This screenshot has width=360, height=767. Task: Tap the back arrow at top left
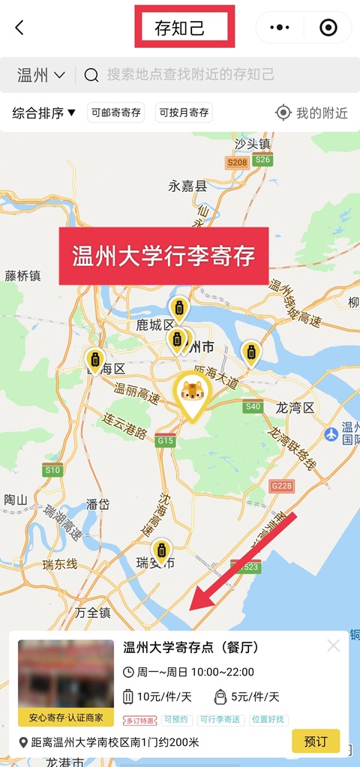(x=19, y=28)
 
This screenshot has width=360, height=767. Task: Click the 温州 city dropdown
(x=41, y=75)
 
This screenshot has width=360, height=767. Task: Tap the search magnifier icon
(x=91, y=75)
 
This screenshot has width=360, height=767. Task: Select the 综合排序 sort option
(x=44, y=113)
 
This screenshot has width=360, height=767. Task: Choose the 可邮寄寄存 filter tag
(x=115, y=113)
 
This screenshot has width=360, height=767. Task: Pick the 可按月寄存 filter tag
(x=184, y=113)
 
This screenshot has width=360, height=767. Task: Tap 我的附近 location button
(x=311, y=113)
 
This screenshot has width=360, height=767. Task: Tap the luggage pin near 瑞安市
(x=160, y=551)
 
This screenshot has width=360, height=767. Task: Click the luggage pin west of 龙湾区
(x=250, y=352)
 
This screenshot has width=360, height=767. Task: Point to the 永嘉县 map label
(x=187, y=186)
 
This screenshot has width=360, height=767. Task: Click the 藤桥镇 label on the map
(x=22, y=276)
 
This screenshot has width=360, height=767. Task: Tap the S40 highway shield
(x=253, y=406)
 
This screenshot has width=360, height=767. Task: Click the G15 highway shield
(x=165, y=442)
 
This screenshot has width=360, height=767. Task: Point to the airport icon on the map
(x=331, y=435)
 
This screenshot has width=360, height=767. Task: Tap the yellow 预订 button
(x=315, y=742)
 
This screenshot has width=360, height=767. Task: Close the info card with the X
(x=333, y=646)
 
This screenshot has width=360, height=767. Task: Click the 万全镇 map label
(x=93, y=613)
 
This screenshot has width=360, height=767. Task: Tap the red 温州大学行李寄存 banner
(x=163, y=256)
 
